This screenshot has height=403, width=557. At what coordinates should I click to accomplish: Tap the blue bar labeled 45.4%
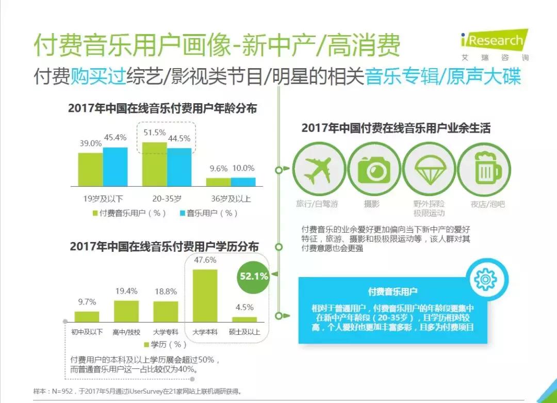pyautogui.click(x=115, y=166)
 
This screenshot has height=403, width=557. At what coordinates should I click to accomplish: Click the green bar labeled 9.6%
pyautogui.click(x=219, y=182)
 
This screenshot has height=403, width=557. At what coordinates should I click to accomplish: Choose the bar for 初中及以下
pyautogui.click(x=87, y=317)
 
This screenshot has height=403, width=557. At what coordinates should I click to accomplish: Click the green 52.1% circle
pyautogui.click(x=254, y=277)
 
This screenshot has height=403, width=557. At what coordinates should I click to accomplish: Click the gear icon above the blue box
pyautogui.click(x=485, y=280)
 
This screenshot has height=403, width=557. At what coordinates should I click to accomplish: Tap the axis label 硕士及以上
pyautogui.click(x=244, y=332)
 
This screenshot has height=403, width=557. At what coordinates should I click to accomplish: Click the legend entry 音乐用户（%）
pyautogui.click(x=208, y=213)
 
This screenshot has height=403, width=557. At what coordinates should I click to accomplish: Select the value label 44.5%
pyautogui.click(x=179, y=138)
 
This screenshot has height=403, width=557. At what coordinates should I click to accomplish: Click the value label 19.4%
pyautogui.click(x=126, y=292)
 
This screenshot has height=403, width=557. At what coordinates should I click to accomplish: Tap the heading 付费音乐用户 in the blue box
pyautogui.click(x=393, y=292)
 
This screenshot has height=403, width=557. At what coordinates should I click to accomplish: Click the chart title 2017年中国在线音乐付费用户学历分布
pyautogui.click(x=164, y=247)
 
